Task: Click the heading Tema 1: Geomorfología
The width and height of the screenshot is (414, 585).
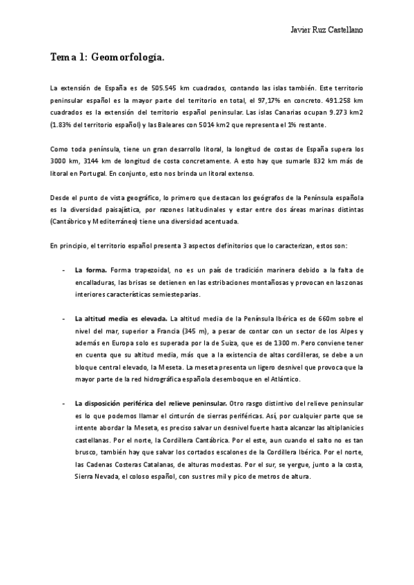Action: (x=107, y=59)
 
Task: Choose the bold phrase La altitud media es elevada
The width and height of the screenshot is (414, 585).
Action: (x=121, y=318)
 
